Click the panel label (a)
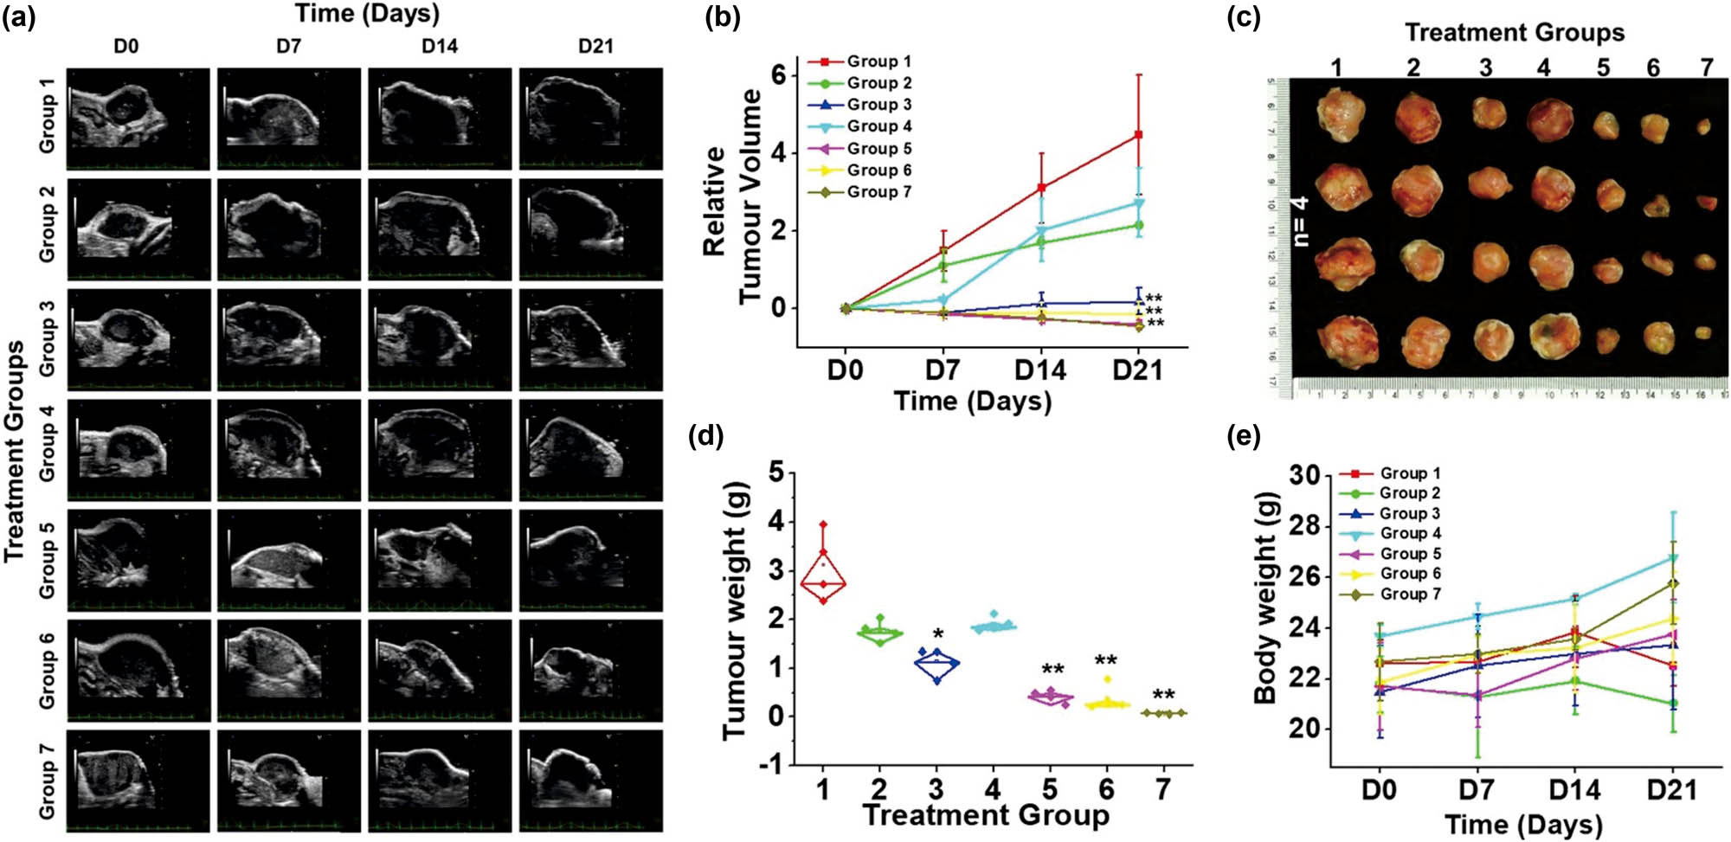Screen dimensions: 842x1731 point(18,17)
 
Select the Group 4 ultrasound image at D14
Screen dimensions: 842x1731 point(439,449)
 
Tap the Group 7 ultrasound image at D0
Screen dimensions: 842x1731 point(138,780)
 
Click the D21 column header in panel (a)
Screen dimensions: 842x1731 point(595,46)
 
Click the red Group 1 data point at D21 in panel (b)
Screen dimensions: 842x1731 point(1138,135)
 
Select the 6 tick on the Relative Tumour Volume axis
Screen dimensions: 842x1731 point(779,75)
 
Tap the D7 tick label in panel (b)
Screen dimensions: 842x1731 point(943,370)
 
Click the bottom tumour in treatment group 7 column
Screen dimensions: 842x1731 point(1702,332)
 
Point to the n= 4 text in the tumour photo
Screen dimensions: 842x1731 point(1300,222)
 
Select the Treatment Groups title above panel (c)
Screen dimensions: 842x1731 point(1514,33)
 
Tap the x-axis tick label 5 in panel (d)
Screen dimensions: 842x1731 point(1049,788)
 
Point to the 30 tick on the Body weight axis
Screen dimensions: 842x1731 point(1304,475)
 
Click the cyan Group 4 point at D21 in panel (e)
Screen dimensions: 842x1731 point(1673,558)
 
